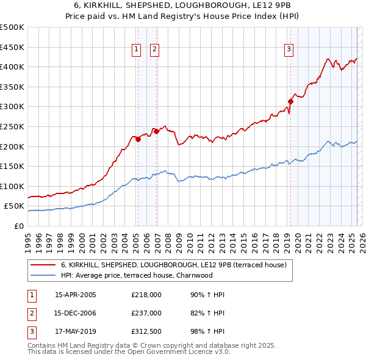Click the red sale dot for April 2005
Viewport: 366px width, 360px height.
[138, 139]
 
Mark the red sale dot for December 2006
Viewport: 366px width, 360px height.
[156, 131]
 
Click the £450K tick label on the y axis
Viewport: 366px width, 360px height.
[12, 47]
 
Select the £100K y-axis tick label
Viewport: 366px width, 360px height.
[12, 186]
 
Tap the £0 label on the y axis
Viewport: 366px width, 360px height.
[18, 226]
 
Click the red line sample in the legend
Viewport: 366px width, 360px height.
[43, 265]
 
